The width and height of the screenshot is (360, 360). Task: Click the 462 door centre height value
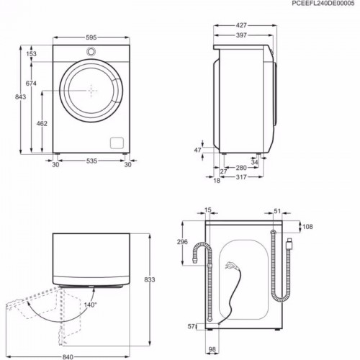point(42,123)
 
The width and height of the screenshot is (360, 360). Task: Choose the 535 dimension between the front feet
point(91,163)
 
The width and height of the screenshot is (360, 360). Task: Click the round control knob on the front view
point(91,51)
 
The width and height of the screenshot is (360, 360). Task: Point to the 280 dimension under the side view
point(242,168)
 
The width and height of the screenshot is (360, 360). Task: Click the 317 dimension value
point(242,179)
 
